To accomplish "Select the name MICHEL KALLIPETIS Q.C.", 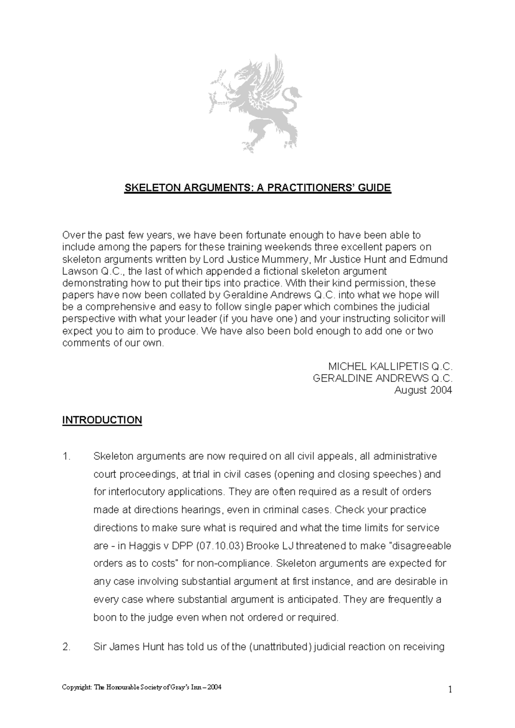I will coord(390,367).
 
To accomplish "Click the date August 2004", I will coord(423,390).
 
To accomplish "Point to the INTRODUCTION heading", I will coord(102,420).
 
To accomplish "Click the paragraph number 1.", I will coord(66,456).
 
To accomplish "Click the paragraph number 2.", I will coord(66,647).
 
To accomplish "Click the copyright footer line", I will coord(142,688).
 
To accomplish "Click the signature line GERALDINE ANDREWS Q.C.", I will coord(383,378).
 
